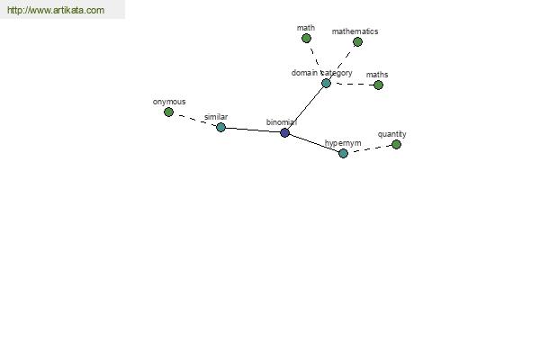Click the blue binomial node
click(x=284, y=132)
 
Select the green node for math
click(x=306, y=38)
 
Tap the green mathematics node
click(x=358, y=42)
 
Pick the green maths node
click(x=379, y=85)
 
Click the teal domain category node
click(x=326, y=83)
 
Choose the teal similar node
click(x=221, y=128)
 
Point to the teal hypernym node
click(x=344, y=153)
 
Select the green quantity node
click(x=396, y=144)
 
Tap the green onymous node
click(x=169, y=112)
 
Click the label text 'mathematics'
click(x=355, y=31)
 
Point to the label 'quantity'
click(x=391, y=134)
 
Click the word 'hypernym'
click(x=343, y=143)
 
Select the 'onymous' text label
click(x=169, y=102)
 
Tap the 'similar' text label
click(x=216, y=117)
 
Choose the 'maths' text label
click(x=377, y=75)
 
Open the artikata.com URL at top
click(x=56, y=10)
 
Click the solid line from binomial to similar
click(x=253, y=130)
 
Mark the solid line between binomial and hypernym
click(x=314, y=143)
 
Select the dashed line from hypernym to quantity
click(x=370, y=148)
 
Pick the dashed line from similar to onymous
click(x=195, y=120)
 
